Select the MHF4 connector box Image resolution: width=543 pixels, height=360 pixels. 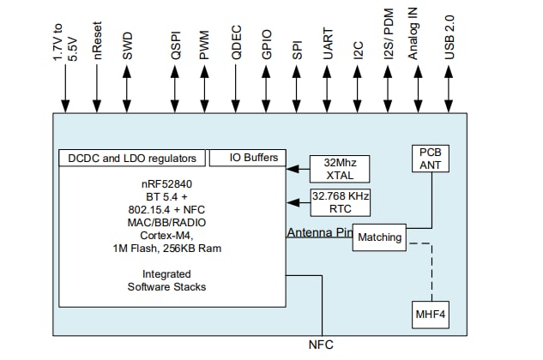point(430,315)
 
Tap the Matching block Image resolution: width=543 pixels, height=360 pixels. point(380,237)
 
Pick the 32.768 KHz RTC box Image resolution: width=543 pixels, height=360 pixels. point(340,202)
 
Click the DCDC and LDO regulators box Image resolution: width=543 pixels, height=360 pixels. point(132,159)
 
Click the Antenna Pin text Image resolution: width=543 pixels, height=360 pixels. point(318,232)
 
